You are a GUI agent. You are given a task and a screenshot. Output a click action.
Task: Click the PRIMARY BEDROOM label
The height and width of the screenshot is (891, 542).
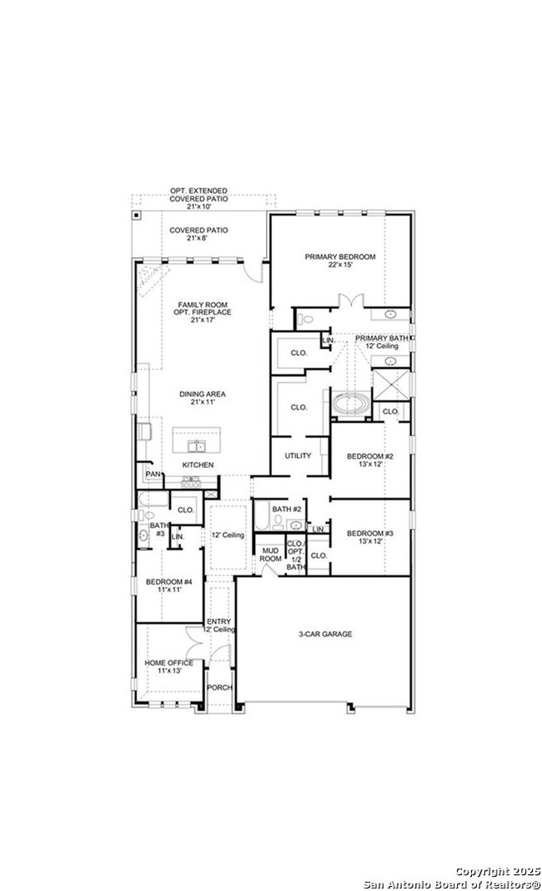(x=339, y=256)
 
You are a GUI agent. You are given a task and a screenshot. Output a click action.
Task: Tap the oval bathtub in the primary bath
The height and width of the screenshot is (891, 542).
(x=351, y=405)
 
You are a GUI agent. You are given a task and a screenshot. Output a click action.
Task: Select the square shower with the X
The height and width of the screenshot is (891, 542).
(x=392, y=384)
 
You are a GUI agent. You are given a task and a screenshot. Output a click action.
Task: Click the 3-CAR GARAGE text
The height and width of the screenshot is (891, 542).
(x=325, y=634)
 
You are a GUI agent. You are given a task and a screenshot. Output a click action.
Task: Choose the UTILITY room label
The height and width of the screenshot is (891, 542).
(x=298, y=455)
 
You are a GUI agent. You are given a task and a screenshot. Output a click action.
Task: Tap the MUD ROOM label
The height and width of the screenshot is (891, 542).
(x=270, y=555)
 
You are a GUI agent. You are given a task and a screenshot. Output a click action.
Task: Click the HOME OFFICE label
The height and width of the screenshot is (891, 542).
(x=168, y=663)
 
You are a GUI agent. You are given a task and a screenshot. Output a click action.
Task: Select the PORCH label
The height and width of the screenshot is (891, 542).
(x=219, y=687)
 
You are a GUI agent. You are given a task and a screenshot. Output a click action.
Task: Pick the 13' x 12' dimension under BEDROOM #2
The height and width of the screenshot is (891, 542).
(x=370, y=465)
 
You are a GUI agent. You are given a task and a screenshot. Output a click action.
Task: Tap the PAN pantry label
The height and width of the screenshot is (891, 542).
(x=153, y=474)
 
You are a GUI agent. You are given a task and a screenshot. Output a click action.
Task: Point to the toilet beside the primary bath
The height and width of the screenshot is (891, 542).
(x=305, y=319)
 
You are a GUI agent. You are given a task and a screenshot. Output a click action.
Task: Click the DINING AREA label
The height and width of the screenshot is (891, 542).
(x=203, y=394)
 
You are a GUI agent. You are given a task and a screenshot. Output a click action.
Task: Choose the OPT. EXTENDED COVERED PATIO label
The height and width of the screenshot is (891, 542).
(x=198, y=195)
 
